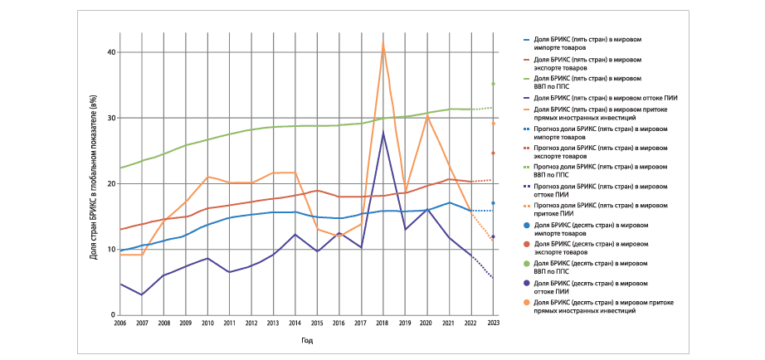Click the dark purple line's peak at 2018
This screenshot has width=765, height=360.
[383, 133]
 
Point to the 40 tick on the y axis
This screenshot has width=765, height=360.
[110, 52]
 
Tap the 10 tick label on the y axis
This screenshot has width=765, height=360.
[110, 250]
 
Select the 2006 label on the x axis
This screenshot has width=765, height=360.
[120, 322]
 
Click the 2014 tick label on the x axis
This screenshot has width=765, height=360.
[295, 322]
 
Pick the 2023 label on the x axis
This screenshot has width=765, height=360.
[493, 322]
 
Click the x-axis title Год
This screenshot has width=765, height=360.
[306, 339]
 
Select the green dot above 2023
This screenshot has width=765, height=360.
[493, 84]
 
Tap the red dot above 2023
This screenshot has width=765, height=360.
[493, 153]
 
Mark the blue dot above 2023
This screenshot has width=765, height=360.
[493, 203]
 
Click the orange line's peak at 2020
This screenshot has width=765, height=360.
[427, 116]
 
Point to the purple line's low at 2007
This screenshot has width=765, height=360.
[142, 294]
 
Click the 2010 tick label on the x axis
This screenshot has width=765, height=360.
[207, 322]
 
